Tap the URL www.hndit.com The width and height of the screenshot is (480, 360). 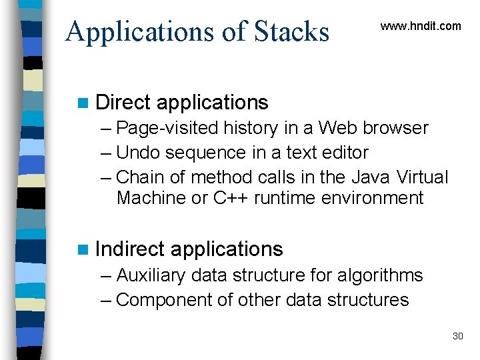tap(420, 26)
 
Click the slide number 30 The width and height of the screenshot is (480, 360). tap(457, 336)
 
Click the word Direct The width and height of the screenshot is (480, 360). tap(123, 102)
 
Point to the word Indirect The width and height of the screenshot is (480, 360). tap(129, 249)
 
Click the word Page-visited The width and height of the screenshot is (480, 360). tap(167, 128)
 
